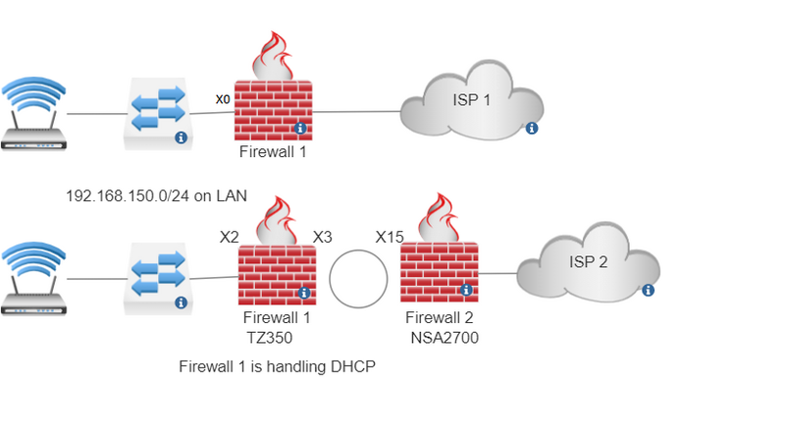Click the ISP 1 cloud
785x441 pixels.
point(472,100)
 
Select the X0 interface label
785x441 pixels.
point(223,99)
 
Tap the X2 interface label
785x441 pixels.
point(229,237)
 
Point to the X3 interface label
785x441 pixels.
point(322,237)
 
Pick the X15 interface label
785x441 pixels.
point(390,237)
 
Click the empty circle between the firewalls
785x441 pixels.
point(359,278)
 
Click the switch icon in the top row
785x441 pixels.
point(156,115)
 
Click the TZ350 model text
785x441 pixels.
point(269,337)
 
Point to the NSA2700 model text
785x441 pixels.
point(443,337)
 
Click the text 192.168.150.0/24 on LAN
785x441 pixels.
point(156,196)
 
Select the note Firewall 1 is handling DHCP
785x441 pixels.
point(278,366)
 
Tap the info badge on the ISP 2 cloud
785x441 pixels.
point(648,290)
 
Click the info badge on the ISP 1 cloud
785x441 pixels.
point(532,128)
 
